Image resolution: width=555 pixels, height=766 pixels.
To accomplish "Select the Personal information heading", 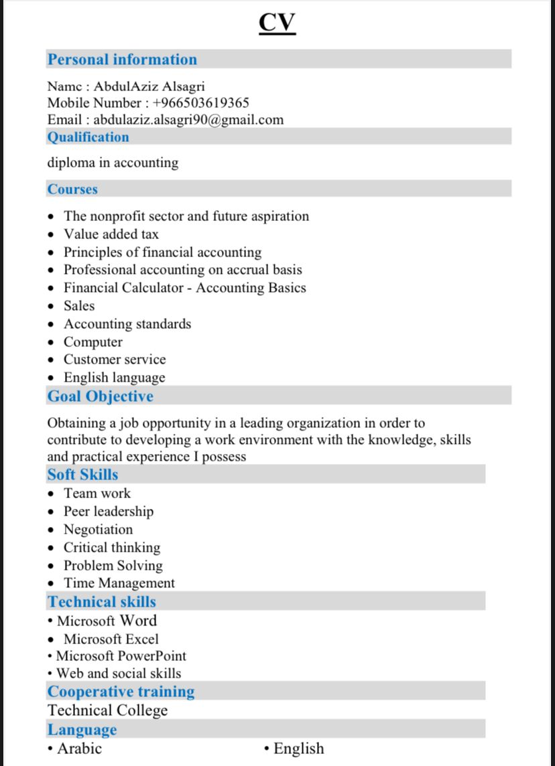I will (122, 60).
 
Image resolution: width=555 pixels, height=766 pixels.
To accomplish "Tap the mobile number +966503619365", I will (201, 103).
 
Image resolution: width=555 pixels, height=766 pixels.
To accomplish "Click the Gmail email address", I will (188, 120).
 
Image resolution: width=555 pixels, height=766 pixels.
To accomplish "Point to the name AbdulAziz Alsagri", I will (149, 86).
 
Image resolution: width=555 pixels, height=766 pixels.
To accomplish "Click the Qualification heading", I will (88, 137).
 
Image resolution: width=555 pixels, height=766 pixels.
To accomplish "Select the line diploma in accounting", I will (113, 163).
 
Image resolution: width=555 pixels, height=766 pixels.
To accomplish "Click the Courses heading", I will (72, 189).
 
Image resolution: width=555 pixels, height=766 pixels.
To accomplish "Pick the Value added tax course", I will (111, 234).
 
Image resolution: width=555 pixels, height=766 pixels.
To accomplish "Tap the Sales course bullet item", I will (79, 306).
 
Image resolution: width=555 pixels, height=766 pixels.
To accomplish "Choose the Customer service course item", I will (115, 360).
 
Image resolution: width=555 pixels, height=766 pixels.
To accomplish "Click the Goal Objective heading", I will (100, 396).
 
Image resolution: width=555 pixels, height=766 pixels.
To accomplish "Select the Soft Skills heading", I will (82, 475).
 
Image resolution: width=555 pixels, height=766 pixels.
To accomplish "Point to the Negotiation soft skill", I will (98, 530).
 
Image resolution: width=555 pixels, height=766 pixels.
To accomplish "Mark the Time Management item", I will (119, 583).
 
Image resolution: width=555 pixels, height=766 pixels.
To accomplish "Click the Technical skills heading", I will (102, 601).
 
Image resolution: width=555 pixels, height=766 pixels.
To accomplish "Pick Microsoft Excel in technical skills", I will (111, 639).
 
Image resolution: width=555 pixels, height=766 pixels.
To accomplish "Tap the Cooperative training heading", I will (121, 692).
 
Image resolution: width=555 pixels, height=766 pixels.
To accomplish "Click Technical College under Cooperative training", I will (107, 710).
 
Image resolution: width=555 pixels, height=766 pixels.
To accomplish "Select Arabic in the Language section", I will (79, 749).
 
